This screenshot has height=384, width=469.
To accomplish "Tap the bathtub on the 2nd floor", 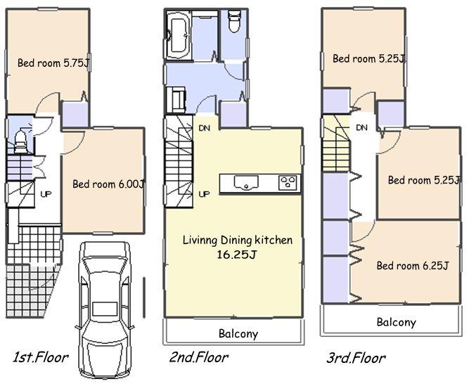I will point(178,32).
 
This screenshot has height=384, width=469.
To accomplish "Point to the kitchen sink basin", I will point(245,184).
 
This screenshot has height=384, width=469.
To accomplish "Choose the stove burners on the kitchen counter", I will point(288,183).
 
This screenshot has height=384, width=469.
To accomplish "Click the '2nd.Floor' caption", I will point(199,357).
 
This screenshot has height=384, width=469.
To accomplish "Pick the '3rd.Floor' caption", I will point(356,358).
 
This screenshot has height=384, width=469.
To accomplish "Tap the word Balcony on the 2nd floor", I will point(237,334).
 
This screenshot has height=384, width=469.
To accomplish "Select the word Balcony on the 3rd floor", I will point(395,323).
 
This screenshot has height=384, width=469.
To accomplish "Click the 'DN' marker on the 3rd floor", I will point(362,127).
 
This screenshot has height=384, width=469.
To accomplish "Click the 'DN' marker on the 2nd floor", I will point(205,128).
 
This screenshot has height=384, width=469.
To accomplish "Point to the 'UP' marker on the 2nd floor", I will point(205,194).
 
